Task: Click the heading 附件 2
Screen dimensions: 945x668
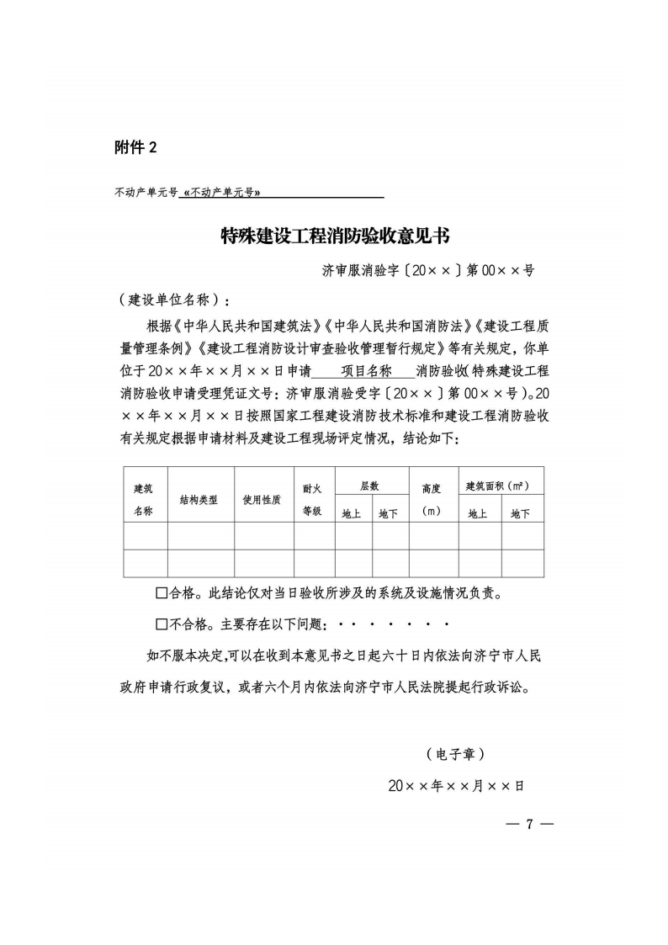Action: click(x=135, y=148)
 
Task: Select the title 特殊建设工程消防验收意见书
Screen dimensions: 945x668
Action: click(x=334, y=236)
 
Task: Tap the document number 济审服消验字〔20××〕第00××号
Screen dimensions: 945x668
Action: click(x=428, y=271)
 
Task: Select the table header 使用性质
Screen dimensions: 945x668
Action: click(x=262, y=499)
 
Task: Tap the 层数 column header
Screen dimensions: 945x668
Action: click(x=369, y=486)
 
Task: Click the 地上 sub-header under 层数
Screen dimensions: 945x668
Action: click(x=352, y=513)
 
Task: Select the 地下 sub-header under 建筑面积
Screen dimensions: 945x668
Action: click(x=521, y=513)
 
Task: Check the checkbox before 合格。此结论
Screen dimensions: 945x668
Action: click(x=162, y=594)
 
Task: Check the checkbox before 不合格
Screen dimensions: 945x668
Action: click(x=162, y=624)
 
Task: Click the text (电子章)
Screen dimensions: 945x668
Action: click(x=455, y=752)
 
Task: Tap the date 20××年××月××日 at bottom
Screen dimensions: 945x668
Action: click(x=456, y=785)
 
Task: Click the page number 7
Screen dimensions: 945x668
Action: click(x=529, y=823)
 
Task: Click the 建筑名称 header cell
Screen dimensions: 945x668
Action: click(x=143, y=499)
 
